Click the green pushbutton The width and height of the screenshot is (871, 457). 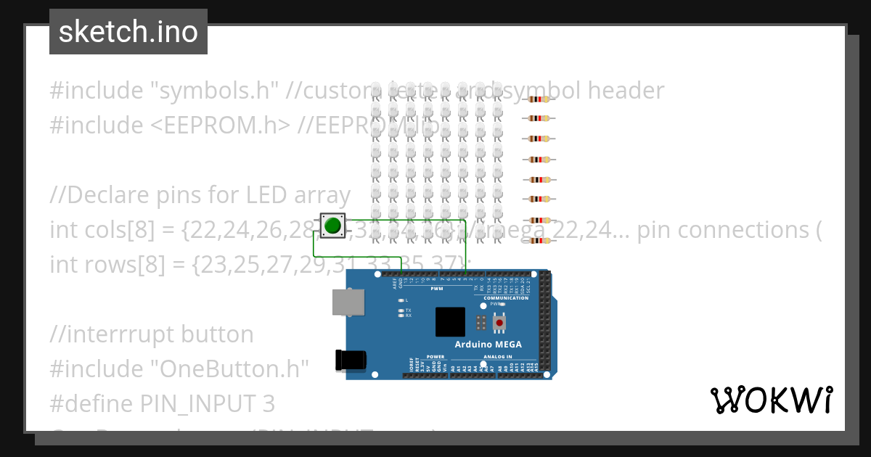pos(333,225)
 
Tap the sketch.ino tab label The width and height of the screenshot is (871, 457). pos(128,32)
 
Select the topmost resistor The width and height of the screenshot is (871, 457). pos(538,99)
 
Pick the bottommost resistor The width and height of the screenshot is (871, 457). pos(538,240)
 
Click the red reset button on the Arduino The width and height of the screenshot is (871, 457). pos(499,322)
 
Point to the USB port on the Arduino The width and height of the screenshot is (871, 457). pos(348,302)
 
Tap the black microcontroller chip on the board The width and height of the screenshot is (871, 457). pos(450,321)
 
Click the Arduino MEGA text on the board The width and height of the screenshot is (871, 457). pos(488,344)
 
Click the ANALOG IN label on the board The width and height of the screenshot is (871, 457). pos(497,357)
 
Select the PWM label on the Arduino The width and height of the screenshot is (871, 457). pos(436,289)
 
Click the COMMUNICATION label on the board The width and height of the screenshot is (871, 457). pos(506,298)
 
